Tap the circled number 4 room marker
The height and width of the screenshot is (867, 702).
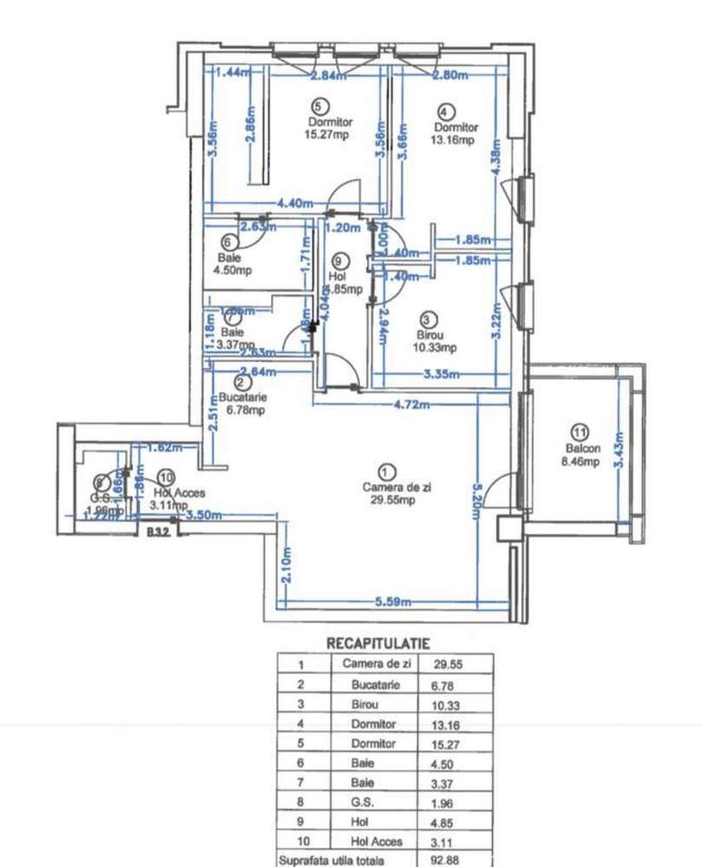pos(446,112)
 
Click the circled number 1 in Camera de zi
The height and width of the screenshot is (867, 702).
pos(388,471)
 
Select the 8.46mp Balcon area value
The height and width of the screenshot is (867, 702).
pos(581,463)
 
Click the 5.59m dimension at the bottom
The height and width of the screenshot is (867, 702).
pos(393,602)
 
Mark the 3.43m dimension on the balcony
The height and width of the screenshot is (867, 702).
pos(619,449)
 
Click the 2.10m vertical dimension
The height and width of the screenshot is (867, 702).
pos(287,568)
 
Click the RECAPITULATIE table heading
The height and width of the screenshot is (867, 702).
pos(377,643)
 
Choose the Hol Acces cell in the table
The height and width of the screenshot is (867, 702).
pos(375,841)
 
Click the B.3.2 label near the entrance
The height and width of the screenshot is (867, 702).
pos(157,532)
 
